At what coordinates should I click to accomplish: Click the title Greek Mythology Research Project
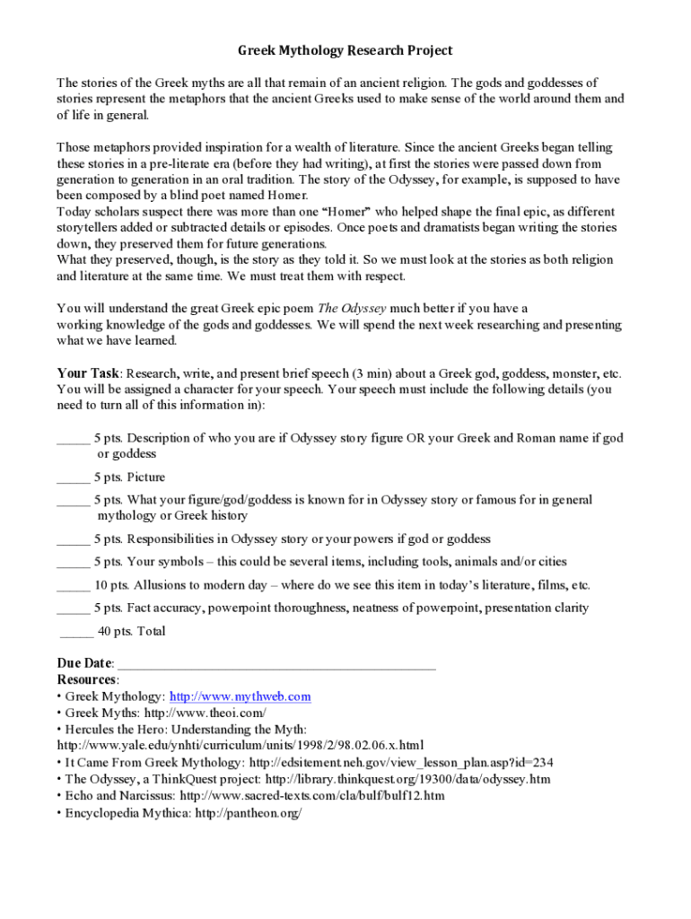pos(345,51)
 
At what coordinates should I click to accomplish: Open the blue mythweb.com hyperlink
pos(240,696)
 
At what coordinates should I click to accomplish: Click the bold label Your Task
pos(88,373)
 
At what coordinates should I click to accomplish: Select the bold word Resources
pos(86,680)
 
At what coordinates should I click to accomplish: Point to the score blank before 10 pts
pos(73,585)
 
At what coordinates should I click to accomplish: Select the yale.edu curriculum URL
pos(240,746)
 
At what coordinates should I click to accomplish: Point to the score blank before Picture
pos(73,477)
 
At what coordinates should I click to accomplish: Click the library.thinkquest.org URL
pos(408,779)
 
